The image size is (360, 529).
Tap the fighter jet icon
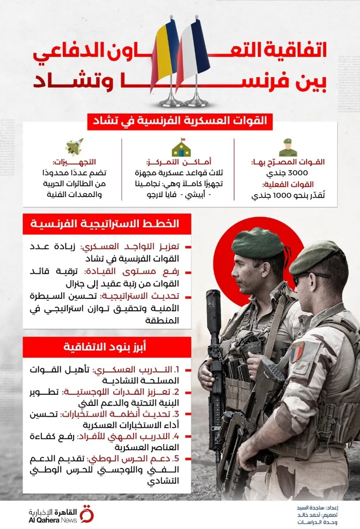tap(74, 146)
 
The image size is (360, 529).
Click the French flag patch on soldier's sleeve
tap(297, 352)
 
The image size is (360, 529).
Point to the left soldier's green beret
tap(257, 242)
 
